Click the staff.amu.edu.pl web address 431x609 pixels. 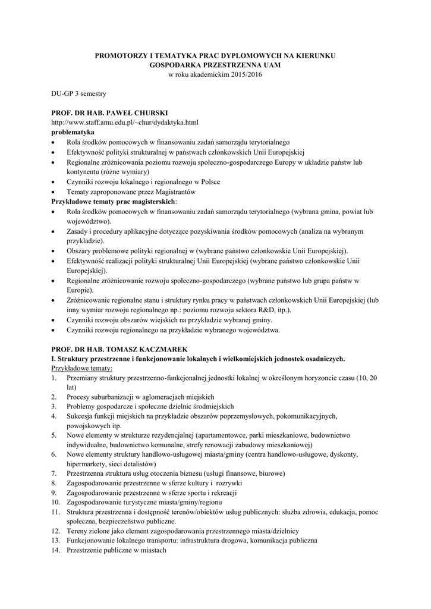124,122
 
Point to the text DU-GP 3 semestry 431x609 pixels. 78,93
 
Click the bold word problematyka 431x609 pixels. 73,131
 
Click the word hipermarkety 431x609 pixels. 87,463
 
